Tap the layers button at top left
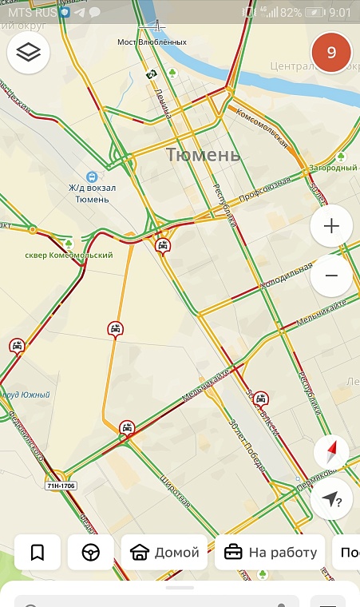(x=29, y=53)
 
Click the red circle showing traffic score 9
(x=331, y=54)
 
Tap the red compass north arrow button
(x=330, y=453)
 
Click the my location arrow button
(x=331, y=499)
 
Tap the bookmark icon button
(x=37, y=552)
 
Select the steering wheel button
(x=90, y=552)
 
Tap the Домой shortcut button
(x=164, y=552)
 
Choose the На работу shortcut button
(x=271, y=552)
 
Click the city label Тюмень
(x=203, y=155)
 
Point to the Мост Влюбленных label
(x=152, y=42)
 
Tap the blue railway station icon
(x=92, y=177)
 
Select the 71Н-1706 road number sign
(x=61, y=485)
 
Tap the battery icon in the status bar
(x=315, y=13)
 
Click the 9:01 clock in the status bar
(x=339, y=13)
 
